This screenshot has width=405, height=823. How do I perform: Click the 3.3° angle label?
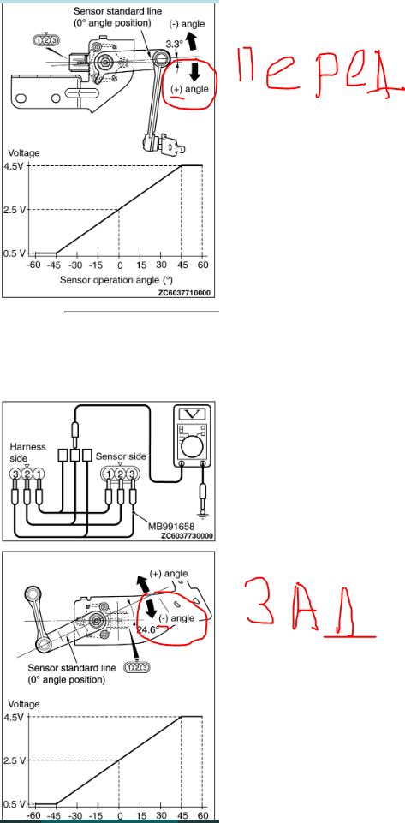173,44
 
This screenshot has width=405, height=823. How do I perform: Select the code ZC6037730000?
187,536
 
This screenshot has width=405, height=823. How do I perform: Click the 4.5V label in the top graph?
15,166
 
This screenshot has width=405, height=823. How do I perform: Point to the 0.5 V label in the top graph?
15,253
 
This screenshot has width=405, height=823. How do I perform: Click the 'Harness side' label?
28,452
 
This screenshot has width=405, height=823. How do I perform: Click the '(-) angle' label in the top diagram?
188,24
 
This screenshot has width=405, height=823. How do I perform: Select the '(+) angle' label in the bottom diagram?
169,574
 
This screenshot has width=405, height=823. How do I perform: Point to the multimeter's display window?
192,414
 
